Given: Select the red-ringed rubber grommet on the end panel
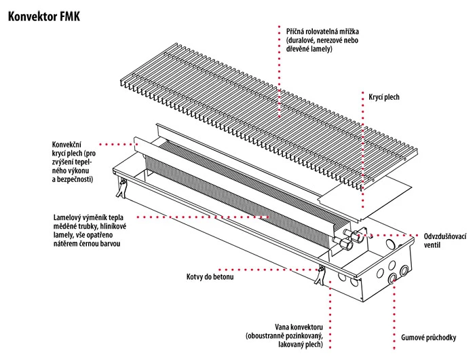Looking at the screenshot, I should (x=392, y=278).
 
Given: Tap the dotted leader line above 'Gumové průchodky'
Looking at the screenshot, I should (x=393, y=306).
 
